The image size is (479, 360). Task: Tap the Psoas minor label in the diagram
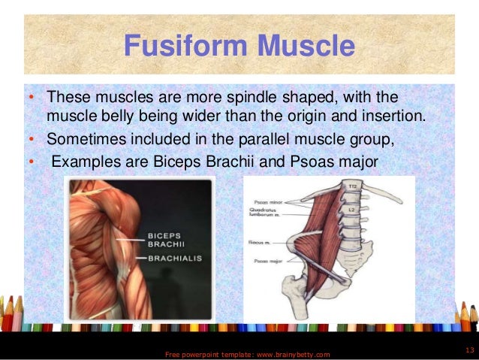point(263,201)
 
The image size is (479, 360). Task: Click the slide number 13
point(470,351)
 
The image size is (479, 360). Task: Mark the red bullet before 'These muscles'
point(31,99)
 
